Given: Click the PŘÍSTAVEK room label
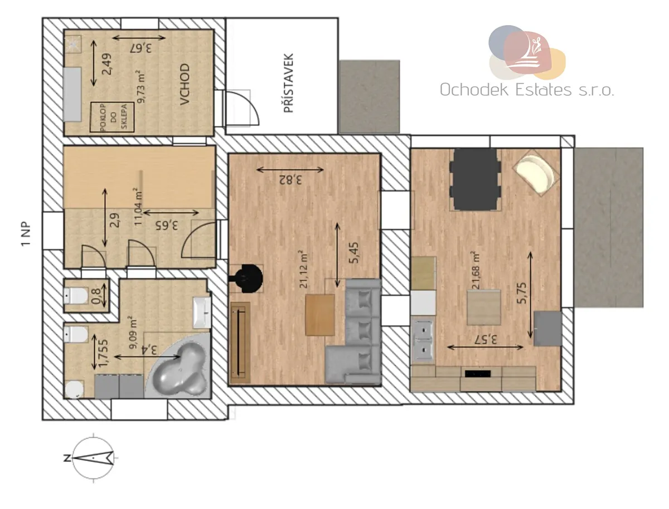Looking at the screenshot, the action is pos(288,83).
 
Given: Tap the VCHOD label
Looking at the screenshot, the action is pos(185,84).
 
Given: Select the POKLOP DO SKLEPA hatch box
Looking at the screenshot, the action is pos(112,117).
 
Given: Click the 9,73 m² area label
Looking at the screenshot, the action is pos(142,86).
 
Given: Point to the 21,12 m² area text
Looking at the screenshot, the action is pos(303,269).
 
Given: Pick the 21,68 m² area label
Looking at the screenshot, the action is pos(475,270).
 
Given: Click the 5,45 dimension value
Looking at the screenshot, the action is pos(354,253).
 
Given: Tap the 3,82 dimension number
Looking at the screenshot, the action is pos(290,180).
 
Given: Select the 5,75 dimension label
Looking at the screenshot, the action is pos(521,293).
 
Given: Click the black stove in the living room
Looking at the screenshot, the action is pos(247,278).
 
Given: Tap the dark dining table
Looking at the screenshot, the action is pos(475,179).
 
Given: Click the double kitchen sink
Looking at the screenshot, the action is pos(423,340).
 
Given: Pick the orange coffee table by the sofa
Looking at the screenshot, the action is pos(319,315).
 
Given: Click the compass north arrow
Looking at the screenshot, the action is pos(94,458).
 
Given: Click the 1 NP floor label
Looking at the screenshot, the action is pos(26,233).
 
